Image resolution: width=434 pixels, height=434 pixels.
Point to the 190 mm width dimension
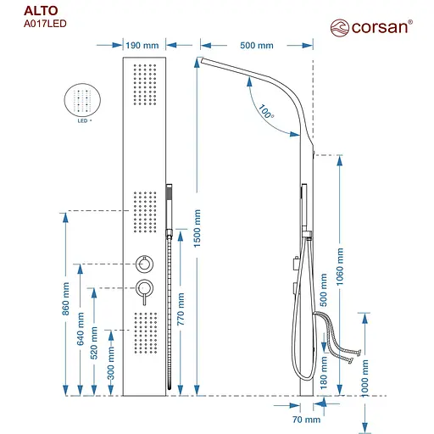pyautogui.click(x=142, y=45)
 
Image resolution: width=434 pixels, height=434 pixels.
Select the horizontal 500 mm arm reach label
pyautogui.click(x=256, y=45)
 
